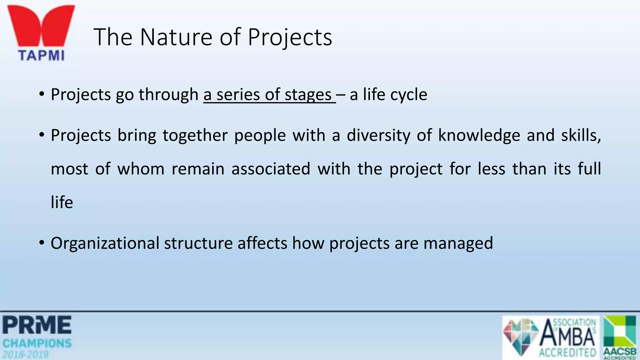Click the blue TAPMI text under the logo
click(x=41, y=56)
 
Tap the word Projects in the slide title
click(x=290, y=37)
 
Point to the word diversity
click(x=378, y=136)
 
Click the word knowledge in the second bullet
click(x=479, y=136)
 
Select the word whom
click(x=141, y=169)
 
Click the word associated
click(x=271, y=169)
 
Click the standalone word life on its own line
click(x=62, y=202)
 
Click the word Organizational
click(x=105, y=243)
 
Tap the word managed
click(x=458, y=243)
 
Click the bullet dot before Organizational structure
click(x=42, y=243)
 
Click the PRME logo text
click(x=37, y=325)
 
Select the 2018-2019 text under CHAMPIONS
click(x=26, y=354)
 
